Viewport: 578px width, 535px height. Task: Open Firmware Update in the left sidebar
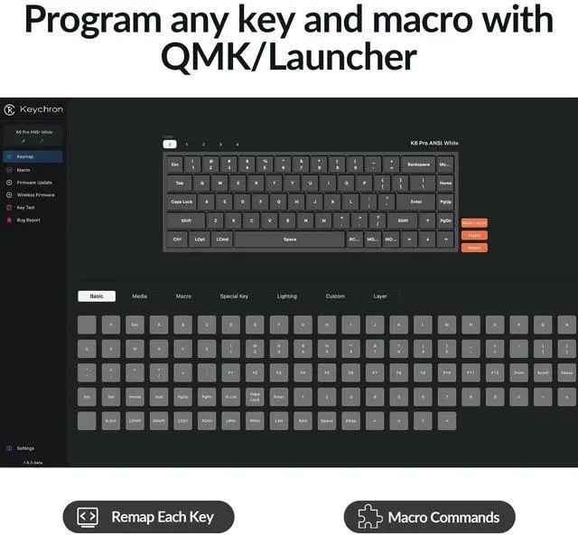(33, 182)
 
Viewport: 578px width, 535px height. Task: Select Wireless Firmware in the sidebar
(35, 194)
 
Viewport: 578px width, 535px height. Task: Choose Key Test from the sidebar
(25, 207)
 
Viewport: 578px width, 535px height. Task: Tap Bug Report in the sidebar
(28, 220)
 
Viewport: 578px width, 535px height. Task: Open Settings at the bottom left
(24, 448)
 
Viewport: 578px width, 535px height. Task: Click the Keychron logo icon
(9, 109)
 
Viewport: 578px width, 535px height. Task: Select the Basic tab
(97, 296)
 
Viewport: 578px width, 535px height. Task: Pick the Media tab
(139, 296)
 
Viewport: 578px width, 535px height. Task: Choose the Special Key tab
(234, 296)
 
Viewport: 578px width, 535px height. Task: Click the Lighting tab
(286, 296)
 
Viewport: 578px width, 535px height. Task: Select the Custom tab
(335, 296)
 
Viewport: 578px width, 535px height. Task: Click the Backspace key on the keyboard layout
(418, 164)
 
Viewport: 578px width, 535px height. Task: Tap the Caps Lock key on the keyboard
(182, 202)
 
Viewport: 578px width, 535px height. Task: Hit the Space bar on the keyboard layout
(290, 239)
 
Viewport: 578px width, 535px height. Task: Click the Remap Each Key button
(148, 517)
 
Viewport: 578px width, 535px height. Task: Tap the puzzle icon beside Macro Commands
(369, 517)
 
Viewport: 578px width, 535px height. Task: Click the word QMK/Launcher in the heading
(289, 56)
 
